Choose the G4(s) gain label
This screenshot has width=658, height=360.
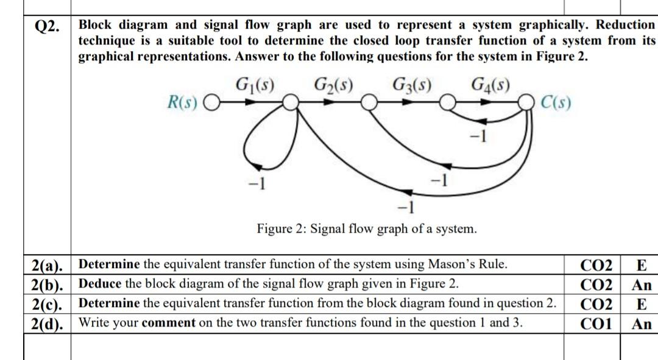click(x=491, y=83)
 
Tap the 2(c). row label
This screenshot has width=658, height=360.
click(x=48, y=304)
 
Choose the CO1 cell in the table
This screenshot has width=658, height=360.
click(x=596, y=323)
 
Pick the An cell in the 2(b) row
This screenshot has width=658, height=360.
click(x=642, y=284)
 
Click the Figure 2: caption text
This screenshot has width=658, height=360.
click(x=367, y=230)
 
